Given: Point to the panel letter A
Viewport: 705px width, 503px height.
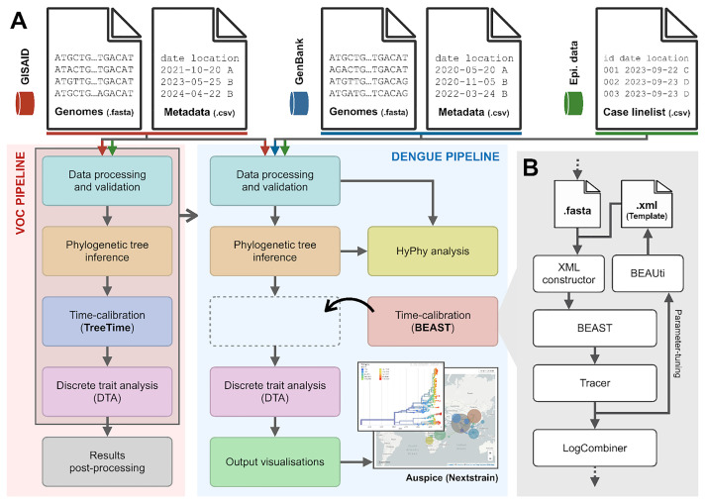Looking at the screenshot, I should pyautogui.click(x=18, y=23).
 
